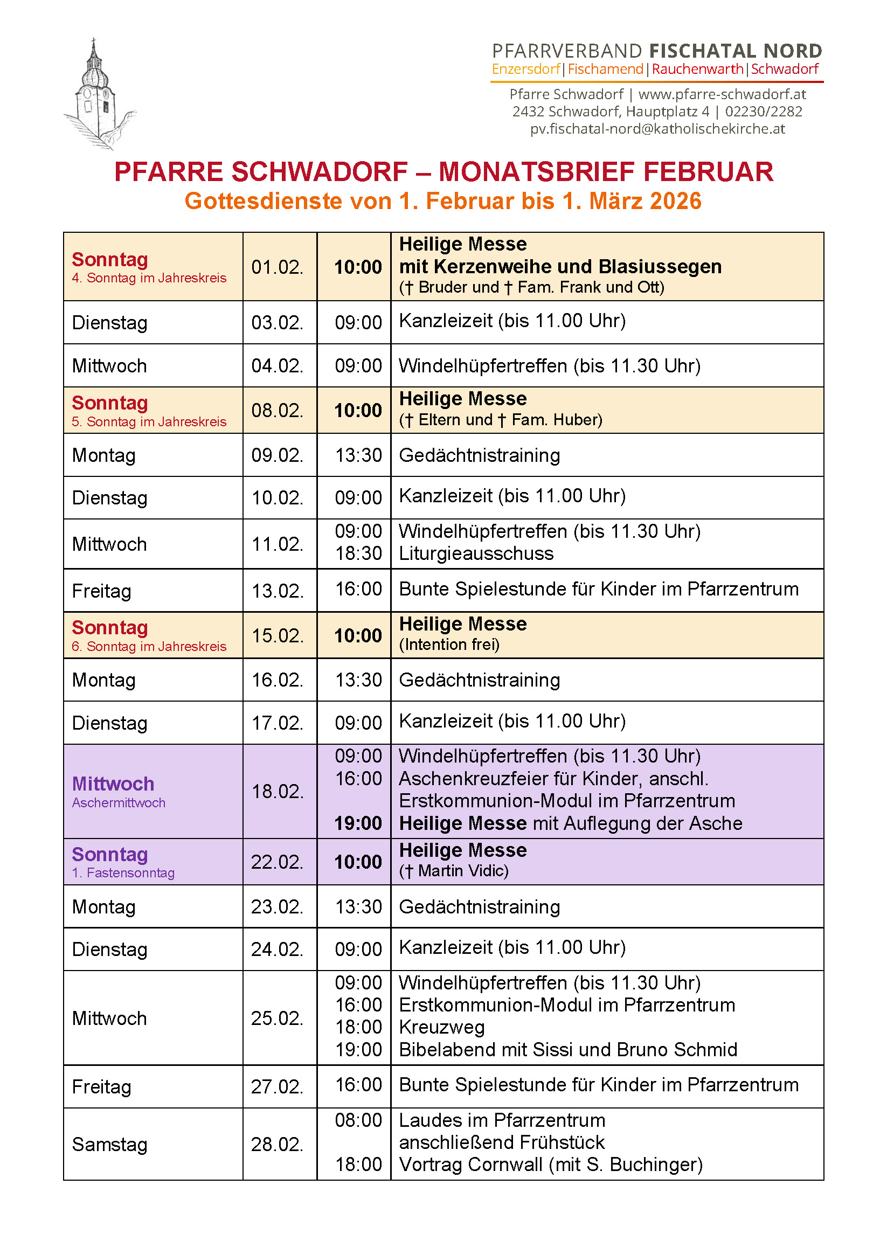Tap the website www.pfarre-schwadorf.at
[x=722, y=94]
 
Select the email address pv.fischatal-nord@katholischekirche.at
[x=657, y=129]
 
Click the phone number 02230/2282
[x=764, y=112]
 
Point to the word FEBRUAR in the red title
[x=708, y=171]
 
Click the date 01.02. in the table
[x=277, y=267]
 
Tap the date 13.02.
[x=277, y=591]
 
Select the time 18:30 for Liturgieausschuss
[x=358, y=553]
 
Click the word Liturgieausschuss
[x=476, y=553]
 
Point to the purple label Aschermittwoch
[x=119, y=802]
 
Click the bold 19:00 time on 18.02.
[x=358, y=823]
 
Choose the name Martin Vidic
[x=463, y=871]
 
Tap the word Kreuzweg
[x=442, y=1027]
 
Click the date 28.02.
[x=277, y=1144]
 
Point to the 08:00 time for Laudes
[x=358, y=1120]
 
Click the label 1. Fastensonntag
[x=123, y=873]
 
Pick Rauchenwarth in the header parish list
[x=697, y=70]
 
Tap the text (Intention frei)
[x=449, y=645]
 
